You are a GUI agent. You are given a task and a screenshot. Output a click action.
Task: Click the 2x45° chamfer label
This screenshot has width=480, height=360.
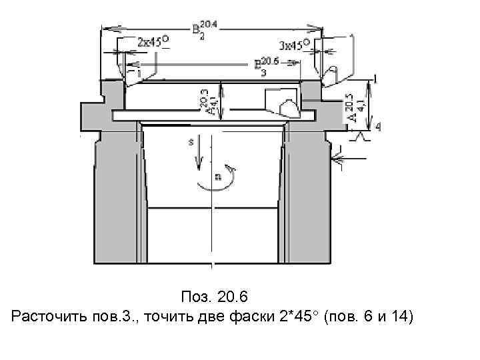pyautogui.click(x=153, y=41)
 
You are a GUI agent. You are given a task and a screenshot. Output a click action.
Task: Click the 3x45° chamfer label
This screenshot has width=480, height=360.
pyautogui.click(x=294, y=45)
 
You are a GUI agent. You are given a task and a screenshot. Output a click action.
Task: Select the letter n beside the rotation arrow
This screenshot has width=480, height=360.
pyautogui.click(x=217, y=177)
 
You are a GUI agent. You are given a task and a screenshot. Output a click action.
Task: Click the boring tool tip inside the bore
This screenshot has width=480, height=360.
pyautogui.click(x=288, y=107)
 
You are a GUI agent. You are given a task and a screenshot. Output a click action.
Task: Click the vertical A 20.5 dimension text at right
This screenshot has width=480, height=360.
pyautogui.click(x=355, y=107)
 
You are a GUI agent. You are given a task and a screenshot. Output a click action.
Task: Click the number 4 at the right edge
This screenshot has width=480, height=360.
pyautogui.click(x=378, y=127)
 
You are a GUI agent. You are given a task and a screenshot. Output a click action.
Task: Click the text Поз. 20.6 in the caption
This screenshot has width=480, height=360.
pyautogui.click(x=214, y=295)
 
